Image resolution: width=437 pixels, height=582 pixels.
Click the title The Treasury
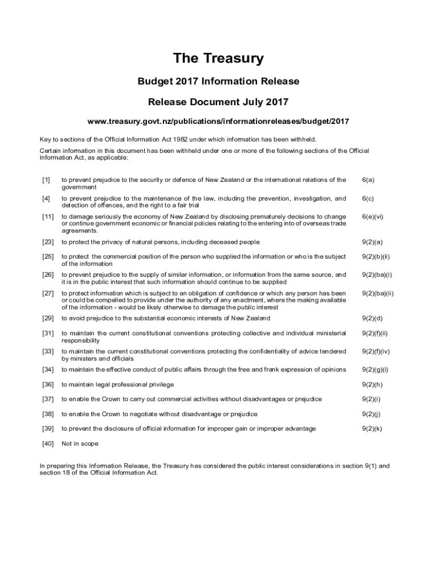coord(218,59)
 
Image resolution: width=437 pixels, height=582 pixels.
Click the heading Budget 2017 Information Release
coord(218,81)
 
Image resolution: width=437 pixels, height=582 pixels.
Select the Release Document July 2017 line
coord(218,102)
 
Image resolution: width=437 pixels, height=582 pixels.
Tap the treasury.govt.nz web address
coord(218,122)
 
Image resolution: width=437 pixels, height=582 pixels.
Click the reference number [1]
coord(46,180)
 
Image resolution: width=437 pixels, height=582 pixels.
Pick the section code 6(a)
coord(368,180)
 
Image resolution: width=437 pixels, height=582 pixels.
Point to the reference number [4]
coord(46,198)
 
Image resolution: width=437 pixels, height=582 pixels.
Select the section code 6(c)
coord(368,198)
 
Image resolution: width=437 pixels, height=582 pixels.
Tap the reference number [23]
coord(48,242)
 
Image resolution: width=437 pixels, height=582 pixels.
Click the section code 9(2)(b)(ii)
coord(376,257)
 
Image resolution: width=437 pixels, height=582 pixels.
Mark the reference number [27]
coord(48,293)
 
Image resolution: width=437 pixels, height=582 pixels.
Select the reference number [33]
coord(48,351)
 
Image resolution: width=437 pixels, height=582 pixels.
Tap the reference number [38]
coord(48,414)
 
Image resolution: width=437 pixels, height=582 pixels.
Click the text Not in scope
coord(80,444)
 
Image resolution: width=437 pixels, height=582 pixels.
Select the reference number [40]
coord(48,444)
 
